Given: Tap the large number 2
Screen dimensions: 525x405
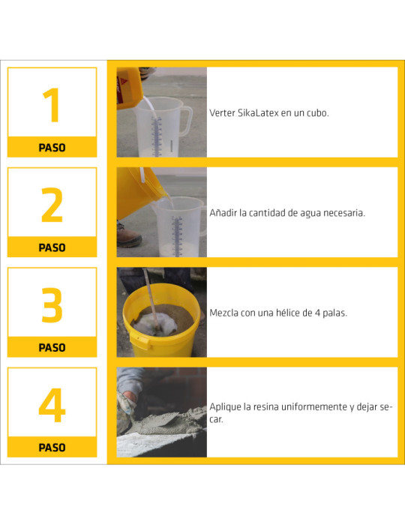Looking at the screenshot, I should tap(52, 205).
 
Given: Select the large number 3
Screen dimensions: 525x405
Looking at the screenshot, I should tap(52, 304).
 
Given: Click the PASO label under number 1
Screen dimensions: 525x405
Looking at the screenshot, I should tap(52, 148).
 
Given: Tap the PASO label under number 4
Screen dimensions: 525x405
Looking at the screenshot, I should tap(52, 448).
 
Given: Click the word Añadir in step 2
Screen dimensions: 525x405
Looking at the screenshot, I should tap(223, 213).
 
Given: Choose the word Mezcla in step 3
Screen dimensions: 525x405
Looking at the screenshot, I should tap(226, 313).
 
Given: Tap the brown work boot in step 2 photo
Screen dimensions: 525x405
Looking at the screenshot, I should tap(127, 237).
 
